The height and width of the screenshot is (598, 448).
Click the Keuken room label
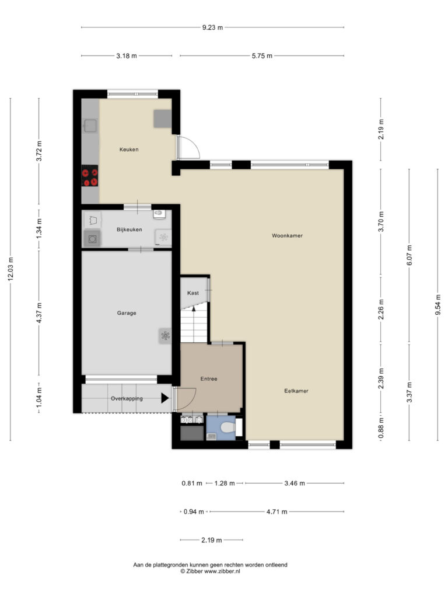[x=129, y=149]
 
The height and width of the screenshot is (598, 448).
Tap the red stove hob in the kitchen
[x=90, y=175]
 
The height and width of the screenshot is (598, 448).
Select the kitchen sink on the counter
[x=90, y=126]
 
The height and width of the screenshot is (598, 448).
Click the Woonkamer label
[x=287, y=236]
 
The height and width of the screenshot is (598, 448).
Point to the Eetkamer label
[x=296, y=391]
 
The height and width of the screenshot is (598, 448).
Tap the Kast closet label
[x=192, y=293]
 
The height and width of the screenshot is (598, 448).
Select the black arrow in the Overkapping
[x=164, y=398]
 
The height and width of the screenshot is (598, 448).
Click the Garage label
[x=127, y=313]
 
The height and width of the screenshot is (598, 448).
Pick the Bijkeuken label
[x=129, y=230]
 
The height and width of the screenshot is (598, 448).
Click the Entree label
[x=209, y=378]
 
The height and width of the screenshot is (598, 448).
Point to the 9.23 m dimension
[x=212, y=27]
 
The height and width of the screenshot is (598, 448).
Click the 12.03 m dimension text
[x=10, y=269]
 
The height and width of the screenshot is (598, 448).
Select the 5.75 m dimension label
[x=262, y=55]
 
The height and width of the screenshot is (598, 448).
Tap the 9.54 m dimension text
[x=438, y=305]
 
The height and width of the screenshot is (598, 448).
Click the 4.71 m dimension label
[x=276, y=512]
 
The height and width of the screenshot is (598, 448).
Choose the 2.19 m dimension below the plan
[x=211, y=540]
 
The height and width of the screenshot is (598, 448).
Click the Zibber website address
[x=222, y=571]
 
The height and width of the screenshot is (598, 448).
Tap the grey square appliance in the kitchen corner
[x=163, y=119]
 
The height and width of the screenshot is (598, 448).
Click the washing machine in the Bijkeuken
[x=92, y=239]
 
